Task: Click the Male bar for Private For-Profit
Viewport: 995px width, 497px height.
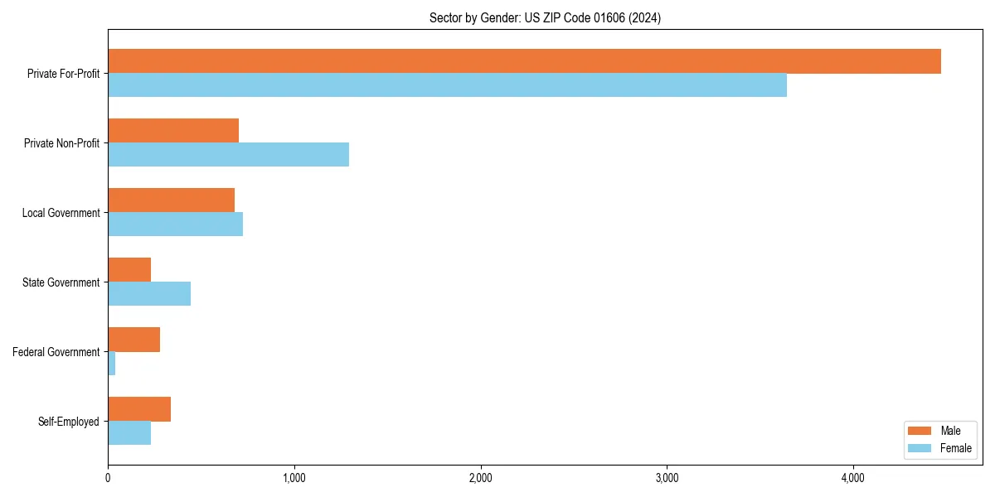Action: pyautogui.click(x=524, y=61)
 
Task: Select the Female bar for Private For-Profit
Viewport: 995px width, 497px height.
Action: pyautogui.click(x=447, y=85)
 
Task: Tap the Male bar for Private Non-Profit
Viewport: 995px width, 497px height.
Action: pyautogui.click(x=173, y=131)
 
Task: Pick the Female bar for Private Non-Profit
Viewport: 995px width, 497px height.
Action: pyautogui.click(x=228, y=155)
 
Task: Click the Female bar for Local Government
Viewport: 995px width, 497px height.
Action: pyautogui.click(x=175, y=224)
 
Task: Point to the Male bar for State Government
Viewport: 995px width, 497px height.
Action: pyautogui.click(x=129, y=270)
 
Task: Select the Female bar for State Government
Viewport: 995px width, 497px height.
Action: pyautogui.click(x=149, y=294)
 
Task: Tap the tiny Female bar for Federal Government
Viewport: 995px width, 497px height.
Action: pyautogui.click(x=112, y=364)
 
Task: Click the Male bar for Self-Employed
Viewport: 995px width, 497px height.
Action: pyautogui.click(x=139, y=409)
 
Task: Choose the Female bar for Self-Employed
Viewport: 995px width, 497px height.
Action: pyautogui.click(x=129, y=433)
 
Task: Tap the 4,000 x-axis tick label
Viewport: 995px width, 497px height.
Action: pyautogui.click(x=853, y=478)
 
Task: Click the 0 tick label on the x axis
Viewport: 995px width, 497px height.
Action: pyautogui.click(x=108, y=478)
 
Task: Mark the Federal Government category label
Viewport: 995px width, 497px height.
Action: pyautogui.click(x=56, y=352)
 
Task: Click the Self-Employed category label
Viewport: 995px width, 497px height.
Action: pyautogui.click(x=69, y=422)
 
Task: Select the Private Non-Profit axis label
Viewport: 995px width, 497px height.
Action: pyautogui.click(x=62, y=143)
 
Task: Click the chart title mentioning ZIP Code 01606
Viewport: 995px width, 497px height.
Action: pyautogui.click(x=545, y=17)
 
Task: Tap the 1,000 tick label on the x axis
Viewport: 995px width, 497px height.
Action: pyautogui.click(x=294, y=478)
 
